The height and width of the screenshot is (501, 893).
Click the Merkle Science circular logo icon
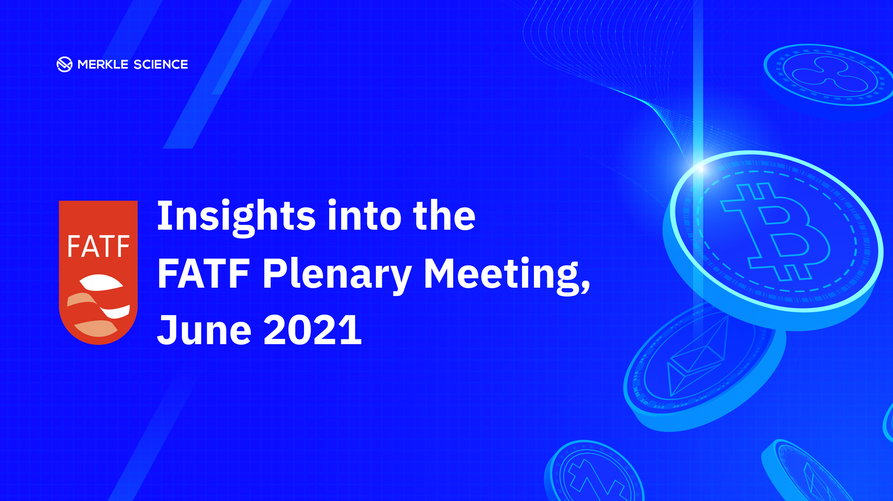click(x=64, y=64)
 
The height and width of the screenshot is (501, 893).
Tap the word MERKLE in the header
click(x=103, y=64)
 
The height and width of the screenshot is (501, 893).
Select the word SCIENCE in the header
click(x=161, y=64)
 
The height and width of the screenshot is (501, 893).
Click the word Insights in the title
click(x=237, y=217)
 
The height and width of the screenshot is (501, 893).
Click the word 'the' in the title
click(x=444, y=215)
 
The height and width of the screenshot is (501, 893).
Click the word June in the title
click(x=204, y=330)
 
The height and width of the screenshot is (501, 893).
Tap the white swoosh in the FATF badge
click(x=101, y=282)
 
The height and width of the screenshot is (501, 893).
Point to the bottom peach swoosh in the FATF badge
click(x=96, y=328)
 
